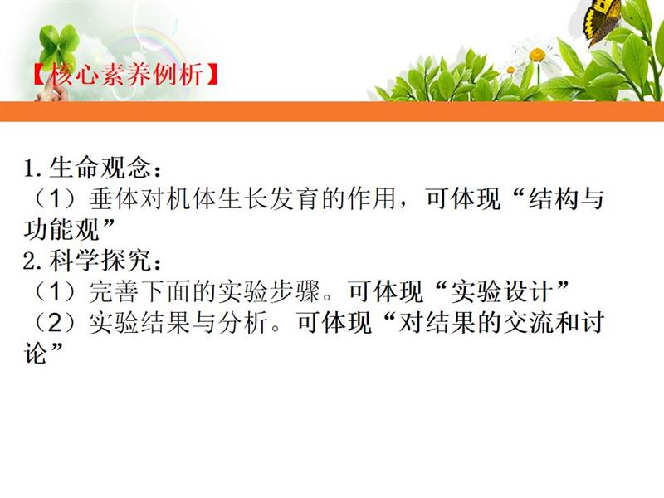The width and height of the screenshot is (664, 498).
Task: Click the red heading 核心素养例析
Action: [126, 76]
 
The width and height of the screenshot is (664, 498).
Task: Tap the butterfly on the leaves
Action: [602, 22]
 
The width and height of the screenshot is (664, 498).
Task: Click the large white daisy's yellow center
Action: [537, 55]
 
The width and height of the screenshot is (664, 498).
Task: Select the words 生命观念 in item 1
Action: [100, 168]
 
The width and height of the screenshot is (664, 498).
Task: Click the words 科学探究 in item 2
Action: [100, 260]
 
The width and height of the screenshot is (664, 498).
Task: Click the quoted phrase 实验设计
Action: [502, 291]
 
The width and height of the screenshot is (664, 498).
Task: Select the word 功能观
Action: [61, 229]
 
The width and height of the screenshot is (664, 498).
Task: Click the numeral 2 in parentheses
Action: [56, 323]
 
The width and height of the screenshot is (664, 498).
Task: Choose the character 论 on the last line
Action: [36, 353]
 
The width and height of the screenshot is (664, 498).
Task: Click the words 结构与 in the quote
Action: [566, 198]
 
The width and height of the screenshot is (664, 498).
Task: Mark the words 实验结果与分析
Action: [178, 322]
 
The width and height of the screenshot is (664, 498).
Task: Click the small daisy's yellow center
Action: [510, 70]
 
